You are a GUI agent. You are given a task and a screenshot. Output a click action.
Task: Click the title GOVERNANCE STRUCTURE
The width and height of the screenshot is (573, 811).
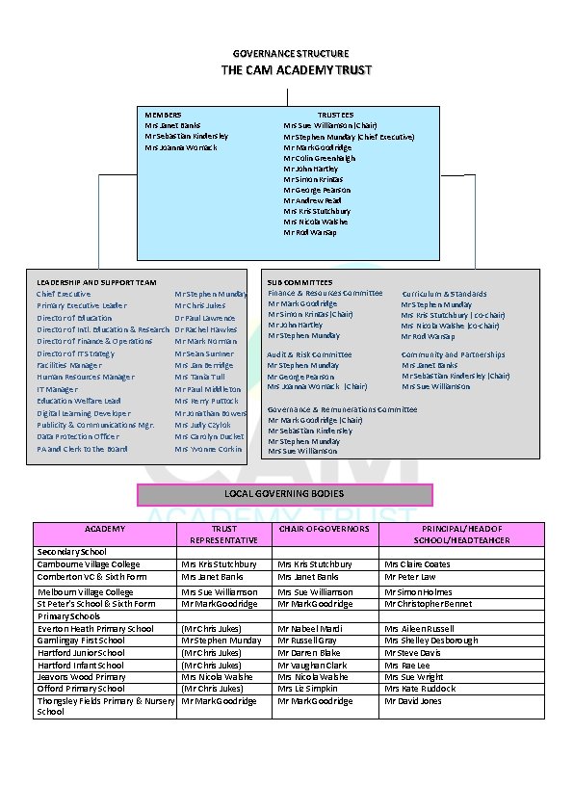[x=291, y=53]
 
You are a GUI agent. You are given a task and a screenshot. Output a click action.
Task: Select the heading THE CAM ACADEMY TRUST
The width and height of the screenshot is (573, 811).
[x=296, y=70]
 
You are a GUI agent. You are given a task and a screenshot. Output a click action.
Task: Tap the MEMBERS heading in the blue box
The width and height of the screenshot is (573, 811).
[x=163, y=115]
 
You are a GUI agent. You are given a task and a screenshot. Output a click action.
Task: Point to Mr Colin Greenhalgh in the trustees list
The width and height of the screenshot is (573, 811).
[x=319, y=158]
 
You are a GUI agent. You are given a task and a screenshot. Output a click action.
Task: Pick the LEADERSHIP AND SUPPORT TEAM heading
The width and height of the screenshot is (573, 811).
[x=96, y=282]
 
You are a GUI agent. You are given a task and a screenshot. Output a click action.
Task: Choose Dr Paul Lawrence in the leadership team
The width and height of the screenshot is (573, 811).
[x=204, y=318]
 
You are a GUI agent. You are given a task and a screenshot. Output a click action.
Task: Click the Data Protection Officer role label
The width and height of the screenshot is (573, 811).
[x=78, y=436]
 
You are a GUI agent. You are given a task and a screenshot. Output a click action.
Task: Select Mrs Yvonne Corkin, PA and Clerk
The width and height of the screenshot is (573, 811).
[x=208, y=449]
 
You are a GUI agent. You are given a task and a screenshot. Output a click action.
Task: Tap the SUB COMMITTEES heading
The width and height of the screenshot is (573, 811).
[x=300, y=282]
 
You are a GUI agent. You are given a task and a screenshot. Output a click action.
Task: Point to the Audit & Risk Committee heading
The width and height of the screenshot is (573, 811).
[x=309, y=354]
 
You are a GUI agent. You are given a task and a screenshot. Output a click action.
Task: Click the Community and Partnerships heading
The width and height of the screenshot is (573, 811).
[x=453, y=354]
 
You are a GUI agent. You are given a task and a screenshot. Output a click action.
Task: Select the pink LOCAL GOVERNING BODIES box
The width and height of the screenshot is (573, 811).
[x=285, y=494]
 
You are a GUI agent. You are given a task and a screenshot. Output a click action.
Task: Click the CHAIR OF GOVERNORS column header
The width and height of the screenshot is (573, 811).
[x=324, y=529]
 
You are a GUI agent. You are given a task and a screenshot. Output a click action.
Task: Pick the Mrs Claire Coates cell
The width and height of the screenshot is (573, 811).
[x=417, y=564]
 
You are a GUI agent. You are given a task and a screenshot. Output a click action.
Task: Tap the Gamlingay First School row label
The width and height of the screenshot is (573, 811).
[x=81, y=641]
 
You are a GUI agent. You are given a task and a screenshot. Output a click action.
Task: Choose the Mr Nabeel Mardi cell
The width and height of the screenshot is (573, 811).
[x=310, y=629]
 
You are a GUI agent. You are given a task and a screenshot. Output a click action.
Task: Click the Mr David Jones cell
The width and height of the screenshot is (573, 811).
[x=413, y=701]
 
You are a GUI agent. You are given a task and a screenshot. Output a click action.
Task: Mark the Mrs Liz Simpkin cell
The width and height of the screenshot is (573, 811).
[x=309, y=689]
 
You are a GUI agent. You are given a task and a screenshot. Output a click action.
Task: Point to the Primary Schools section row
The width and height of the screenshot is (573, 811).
[x=68, y=616]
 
